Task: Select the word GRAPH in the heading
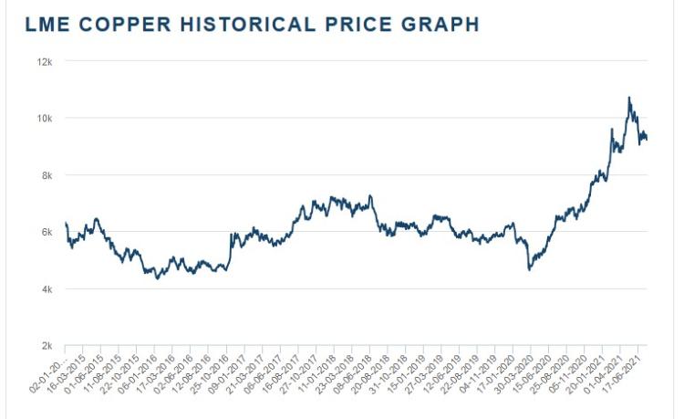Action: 441,25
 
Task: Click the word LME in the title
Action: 47,25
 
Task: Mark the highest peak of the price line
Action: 628,98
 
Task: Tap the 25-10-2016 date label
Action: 218,375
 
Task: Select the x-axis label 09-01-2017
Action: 236,375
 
